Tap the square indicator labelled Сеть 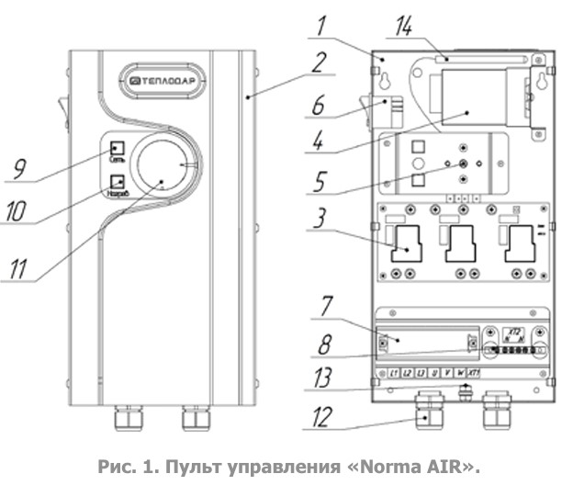pos(118,149)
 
